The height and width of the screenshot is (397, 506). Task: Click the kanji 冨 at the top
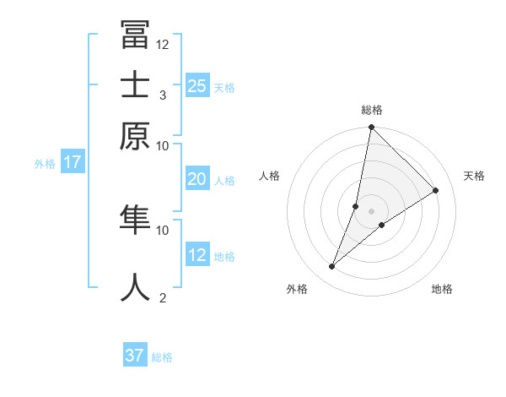click(135, 36)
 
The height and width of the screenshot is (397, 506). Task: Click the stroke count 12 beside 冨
click(163, 44)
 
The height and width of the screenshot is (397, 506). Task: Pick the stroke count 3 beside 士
click(163, 95)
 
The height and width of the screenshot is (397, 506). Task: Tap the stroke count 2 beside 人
click(163, 297)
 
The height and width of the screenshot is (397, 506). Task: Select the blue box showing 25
click(196, 86)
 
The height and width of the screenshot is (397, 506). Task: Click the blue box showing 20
click(196, 179)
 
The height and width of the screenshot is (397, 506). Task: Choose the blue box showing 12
click(196, 255)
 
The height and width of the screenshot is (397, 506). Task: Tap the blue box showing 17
click(73, 162)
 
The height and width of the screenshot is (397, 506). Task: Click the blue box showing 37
click(135, 356)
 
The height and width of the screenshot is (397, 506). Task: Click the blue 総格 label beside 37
click(162, 357)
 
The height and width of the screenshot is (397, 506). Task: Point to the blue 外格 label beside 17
click(45, 164)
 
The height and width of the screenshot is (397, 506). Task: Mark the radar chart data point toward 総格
click(371, 128)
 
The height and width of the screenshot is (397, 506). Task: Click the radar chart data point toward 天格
click(436, 191)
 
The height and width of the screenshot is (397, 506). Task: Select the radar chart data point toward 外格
click(332, 267)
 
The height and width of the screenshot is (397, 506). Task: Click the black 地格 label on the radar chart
click(442, 290)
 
